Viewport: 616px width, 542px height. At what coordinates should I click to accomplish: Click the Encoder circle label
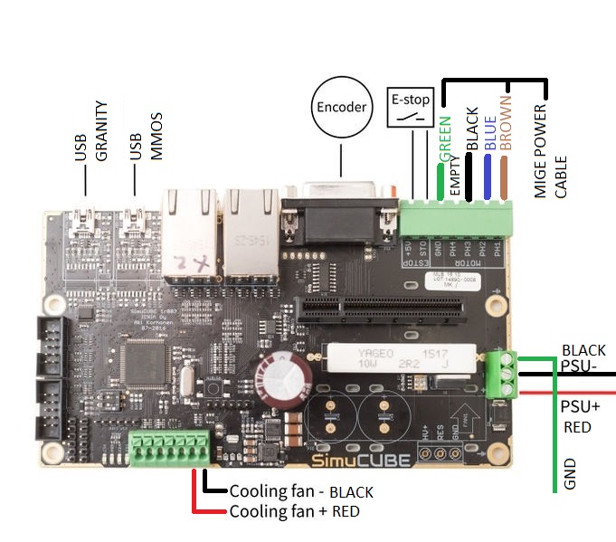click(341, 108)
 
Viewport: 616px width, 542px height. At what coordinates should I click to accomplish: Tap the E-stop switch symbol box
click(411, 109)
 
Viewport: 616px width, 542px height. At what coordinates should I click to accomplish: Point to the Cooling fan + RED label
click(294, 512)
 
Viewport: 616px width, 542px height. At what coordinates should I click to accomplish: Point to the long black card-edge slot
click(380, 308)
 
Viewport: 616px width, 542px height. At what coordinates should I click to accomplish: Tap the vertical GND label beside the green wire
click(570, 474)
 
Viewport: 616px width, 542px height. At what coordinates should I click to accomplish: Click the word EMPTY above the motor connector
click(456, 173)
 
